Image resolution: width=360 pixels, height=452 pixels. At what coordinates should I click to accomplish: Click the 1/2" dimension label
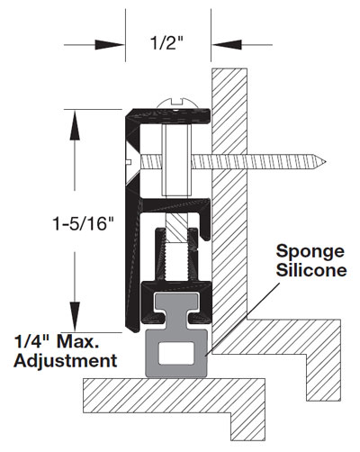[166, 44]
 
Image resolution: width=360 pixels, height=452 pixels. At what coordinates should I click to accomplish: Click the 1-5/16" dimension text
[84, 223]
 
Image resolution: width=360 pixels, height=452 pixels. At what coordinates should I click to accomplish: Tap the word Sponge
[310, 252]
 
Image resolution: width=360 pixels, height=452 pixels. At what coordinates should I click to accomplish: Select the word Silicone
[311, 270]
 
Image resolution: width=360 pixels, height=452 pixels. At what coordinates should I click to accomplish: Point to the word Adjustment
[65, 360]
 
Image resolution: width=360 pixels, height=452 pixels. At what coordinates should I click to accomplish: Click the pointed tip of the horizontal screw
[325, 163]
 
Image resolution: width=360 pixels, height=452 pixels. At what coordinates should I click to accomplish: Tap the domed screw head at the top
[177, 103]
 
